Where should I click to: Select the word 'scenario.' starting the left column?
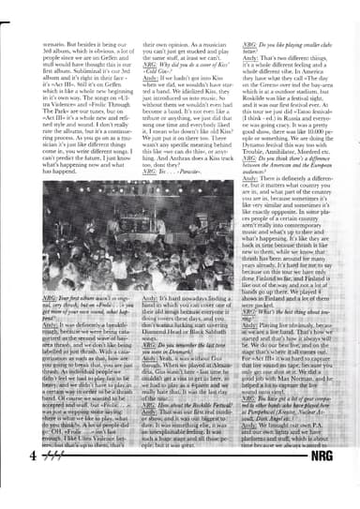[45, 45]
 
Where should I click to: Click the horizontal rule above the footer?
[180, 472]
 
